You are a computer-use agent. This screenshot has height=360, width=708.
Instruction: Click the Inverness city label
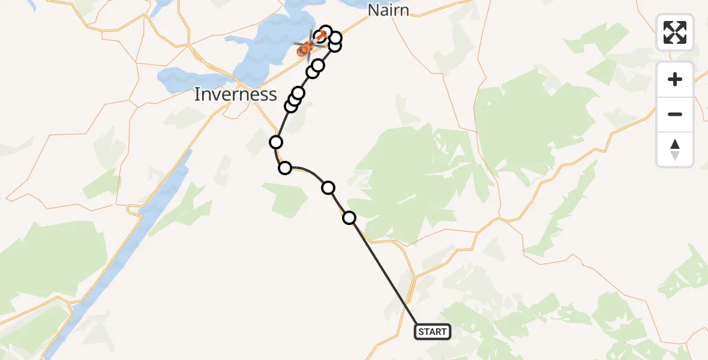(x=236, y=94)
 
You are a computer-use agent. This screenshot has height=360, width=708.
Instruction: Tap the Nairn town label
(x=388, y=10)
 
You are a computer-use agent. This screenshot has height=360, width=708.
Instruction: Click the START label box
(x=432, y=332)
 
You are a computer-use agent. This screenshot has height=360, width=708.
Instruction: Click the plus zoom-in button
(x=675, y=79)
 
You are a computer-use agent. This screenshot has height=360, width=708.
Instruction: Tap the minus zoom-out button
(x=675, y=114)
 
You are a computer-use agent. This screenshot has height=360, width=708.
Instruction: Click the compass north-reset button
(x=675, y=149)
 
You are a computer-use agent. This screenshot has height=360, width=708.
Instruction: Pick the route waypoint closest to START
(x=349, y=218)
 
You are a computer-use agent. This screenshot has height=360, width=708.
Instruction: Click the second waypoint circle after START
(x=328, y=188)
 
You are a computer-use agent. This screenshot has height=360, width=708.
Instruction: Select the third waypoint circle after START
(x=285, y=168)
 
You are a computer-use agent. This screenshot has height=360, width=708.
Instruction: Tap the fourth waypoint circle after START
(x=276, y=142)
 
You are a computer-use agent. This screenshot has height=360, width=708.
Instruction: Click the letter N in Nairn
(x=373, y=10)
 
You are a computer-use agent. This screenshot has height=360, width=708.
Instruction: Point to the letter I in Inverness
(x=197, y=94)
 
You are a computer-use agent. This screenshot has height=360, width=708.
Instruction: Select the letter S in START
(x=421, y=332)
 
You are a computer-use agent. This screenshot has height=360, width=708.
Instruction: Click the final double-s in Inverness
(x=268, y=94)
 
